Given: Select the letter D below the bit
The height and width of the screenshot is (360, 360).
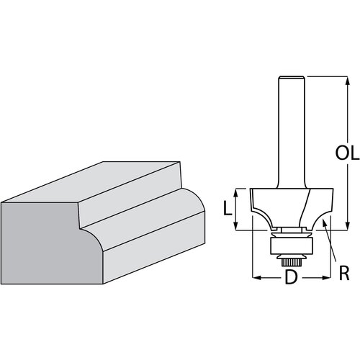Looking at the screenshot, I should click(291, 276).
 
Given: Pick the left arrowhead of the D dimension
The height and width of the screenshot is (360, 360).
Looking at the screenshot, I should click(254, 276).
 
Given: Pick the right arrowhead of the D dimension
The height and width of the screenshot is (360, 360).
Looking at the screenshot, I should click(328, 276).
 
